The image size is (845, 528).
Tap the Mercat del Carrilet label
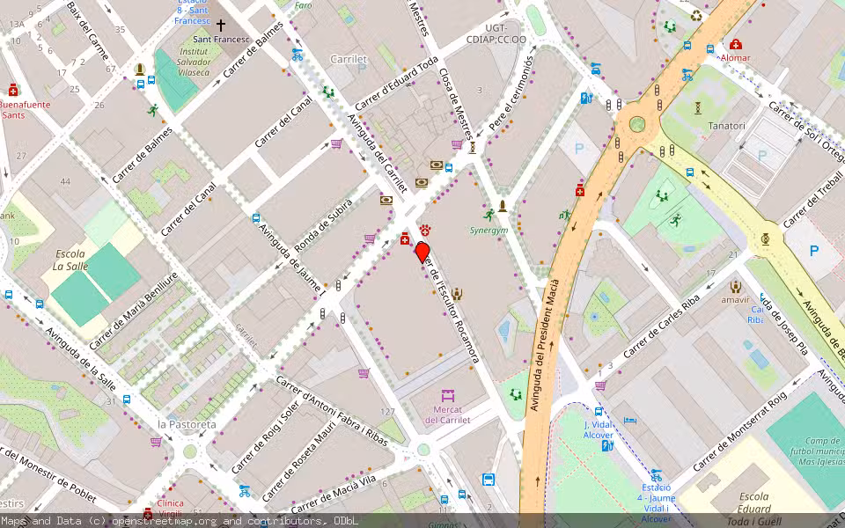[x=447, y=414]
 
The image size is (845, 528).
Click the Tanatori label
[x=726, y=126]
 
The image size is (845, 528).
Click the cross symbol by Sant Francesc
[x=220, y=26]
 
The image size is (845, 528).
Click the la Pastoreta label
[x=187, y=424]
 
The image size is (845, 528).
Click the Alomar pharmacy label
[x=735, y=58]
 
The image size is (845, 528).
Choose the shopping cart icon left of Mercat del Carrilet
[x=364, y=373]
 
